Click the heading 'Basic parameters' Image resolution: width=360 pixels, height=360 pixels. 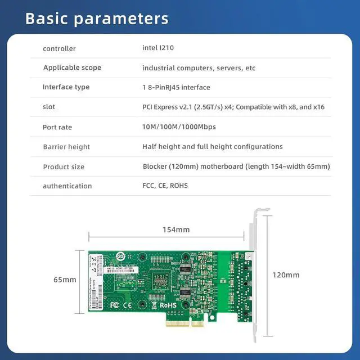tap(97, 18)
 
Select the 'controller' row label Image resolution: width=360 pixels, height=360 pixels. tap(59, 48)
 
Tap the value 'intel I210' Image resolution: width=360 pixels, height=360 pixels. tap(158, 48)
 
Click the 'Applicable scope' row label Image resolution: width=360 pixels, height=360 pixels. tap(72, 67)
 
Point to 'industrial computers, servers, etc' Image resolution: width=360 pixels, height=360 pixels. tap(199, 68)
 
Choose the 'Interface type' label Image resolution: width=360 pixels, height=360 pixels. tap(66, 87)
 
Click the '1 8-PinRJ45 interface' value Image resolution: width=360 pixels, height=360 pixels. tap(176, 87)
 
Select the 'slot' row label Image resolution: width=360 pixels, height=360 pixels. tap(49, 107)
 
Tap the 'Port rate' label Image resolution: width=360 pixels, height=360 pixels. tap(57, 127)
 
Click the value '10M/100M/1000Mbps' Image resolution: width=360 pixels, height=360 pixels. tap(179, 127)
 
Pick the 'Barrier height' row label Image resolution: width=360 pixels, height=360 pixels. tap(66, 147)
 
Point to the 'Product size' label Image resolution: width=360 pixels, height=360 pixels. tap(64, 166)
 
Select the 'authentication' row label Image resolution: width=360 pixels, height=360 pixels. tap(67, 186)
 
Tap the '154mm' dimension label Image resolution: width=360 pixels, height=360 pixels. tap(176, 229)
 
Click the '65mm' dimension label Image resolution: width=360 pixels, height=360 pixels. tap(65, 280)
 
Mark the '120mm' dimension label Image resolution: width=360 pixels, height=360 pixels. tap(286, 275)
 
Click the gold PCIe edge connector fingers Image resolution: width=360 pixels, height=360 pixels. tap(185, 323)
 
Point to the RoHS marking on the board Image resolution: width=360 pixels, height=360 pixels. tap(169, 305)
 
